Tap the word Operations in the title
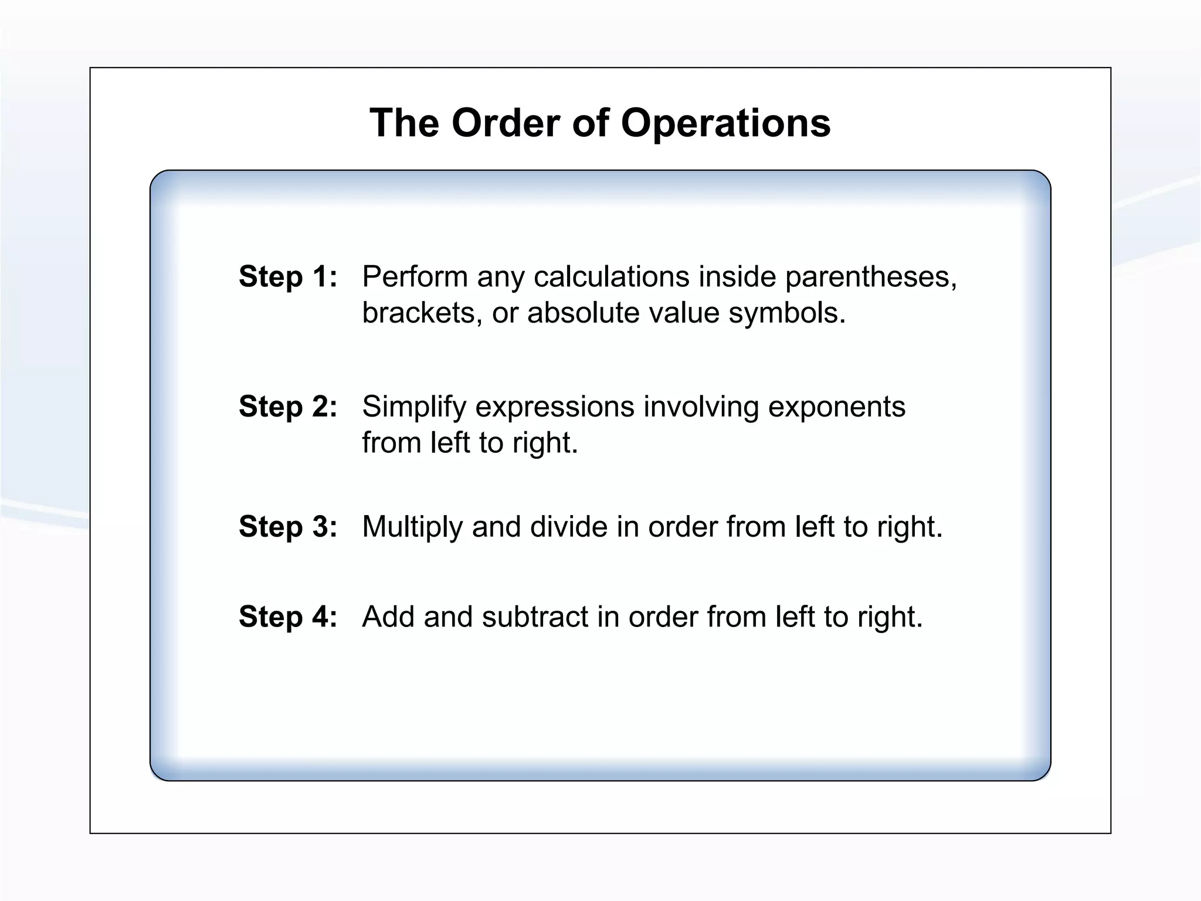[x=725, y=123]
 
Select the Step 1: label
[x=288, y=276]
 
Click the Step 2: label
[x=288, y=407]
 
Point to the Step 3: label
[x=288, y=527]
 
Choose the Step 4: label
[x=288, y=617]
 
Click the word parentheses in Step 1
[x=870, y=277]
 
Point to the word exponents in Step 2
[x=837, y=407]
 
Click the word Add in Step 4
[x=388, y=617]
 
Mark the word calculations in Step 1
[x=611, y=277]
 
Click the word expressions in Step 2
[x=555, y=407]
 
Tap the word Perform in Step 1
[x=415, y=277]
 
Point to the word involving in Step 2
[x=701, y=407]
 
